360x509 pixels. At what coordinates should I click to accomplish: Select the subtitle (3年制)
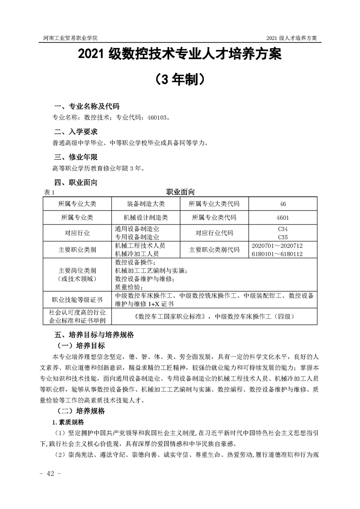pyautogui.click(x=180, y=79)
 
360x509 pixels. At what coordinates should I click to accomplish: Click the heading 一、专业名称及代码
pyautogui.click(x=87, y=107)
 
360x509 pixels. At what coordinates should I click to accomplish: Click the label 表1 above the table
pyautogui.click(x=49, y=192)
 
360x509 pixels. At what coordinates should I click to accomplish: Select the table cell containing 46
pyautogui.click(x=283, y=203)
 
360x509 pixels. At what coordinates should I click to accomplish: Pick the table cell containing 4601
pyautogui.click(x=282, y=218)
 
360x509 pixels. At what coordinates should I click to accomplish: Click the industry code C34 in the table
pyautogui.click(x=282, y=229)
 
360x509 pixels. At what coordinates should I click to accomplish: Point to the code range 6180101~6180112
pyautogui.click(x=276, y=253)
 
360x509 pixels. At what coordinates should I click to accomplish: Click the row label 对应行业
pyautogui.click(x=77, y=233)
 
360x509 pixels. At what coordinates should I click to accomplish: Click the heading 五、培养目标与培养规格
pyautogui.click(x=94, y=336)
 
